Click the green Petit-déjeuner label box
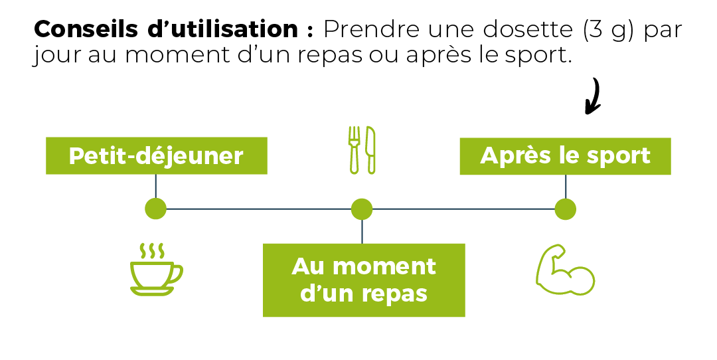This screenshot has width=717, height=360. (156, 156)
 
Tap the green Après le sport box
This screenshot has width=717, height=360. (565, 156)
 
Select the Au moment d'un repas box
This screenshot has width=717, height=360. (364, 280)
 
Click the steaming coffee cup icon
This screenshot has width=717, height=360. (155, 271)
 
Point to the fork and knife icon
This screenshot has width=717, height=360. (362, 149)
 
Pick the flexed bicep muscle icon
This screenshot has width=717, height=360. (564, 271)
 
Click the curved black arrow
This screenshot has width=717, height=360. (593, 96)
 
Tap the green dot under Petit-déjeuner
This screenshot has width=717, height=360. (155, 209)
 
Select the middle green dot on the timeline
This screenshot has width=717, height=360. (362, 209)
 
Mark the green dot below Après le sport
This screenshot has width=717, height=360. (566, 209)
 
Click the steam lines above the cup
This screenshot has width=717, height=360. (151, 250)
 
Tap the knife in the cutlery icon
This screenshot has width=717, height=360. (371, 149)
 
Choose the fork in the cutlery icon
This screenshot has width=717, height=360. (354, 149)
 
